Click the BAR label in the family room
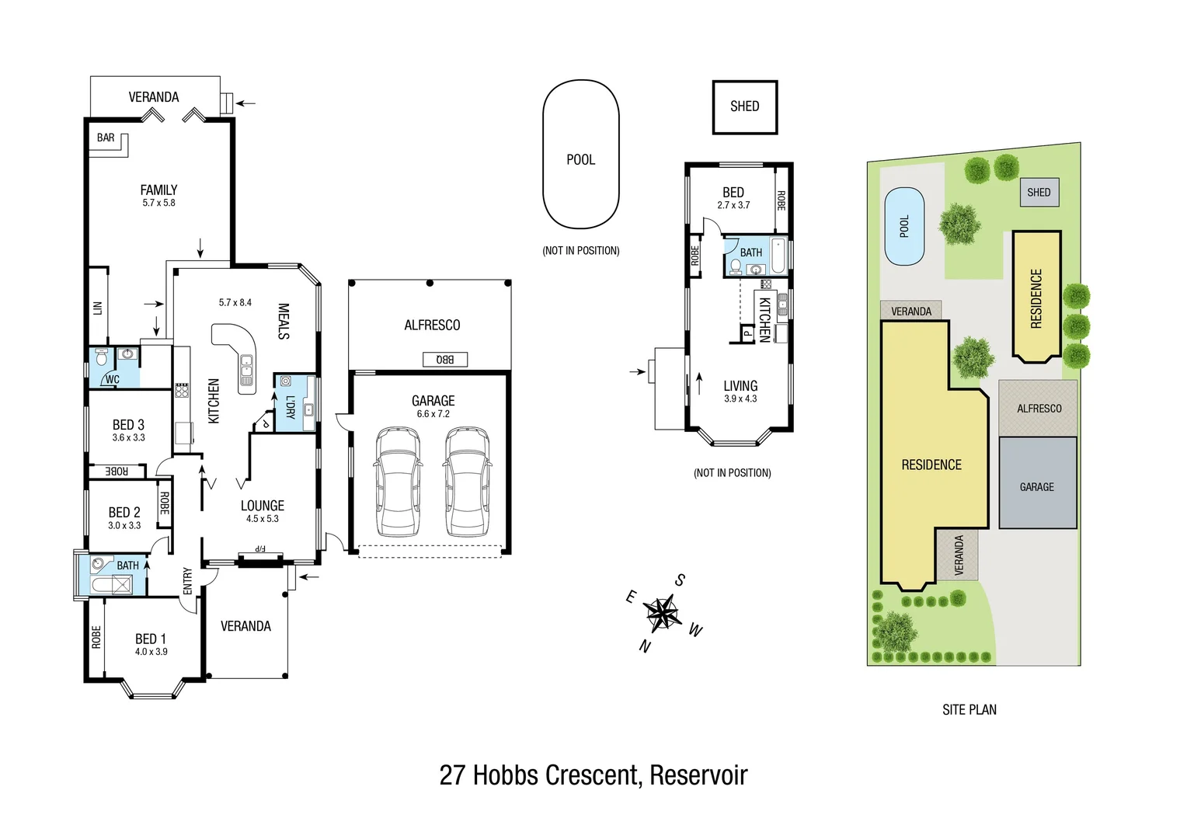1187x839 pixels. (x=106, y=138)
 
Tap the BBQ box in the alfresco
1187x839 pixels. (x=445, y=359)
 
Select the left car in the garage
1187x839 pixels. (x=399, y=482)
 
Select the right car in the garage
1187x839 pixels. (x=468, y=482)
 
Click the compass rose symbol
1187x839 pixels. (x=662, y=614)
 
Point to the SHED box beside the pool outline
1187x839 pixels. (x=744, y=107)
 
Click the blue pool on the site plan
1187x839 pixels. (x=904, y=226)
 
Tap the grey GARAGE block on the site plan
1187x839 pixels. (x=1037, y=483)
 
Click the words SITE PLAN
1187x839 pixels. (x=969, y=709)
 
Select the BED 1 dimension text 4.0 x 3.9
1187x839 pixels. (x=151, y=652)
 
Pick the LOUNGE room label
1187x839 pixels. (x=262, y=506)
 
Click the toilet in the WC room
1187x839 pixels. (x=100, y=359)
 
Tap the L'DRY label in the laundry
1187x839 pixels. (x=290, y=407)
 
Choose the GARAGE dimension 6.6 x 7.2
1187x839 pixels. (x=433, y=414)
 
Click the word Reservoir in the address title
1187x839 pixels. (x=698, y=775)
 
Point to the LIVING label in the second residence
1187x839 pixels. (x=740, y=386)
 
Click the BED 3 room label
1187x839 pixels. (x=128, y=425)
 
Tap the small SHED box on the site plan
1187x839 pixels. (x=1038, y=192)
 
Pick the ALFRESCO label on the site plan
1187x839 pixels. (x=1039, y=409)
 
